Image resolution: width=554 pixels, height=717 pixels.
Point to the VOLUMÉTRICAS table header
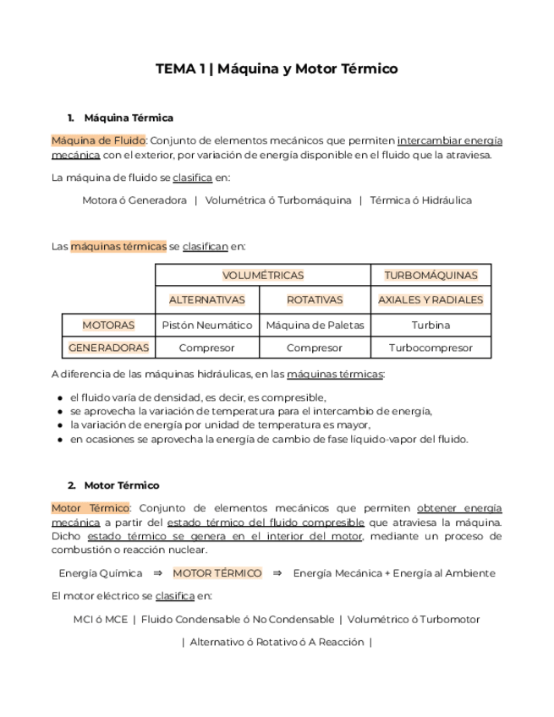coord(263,276)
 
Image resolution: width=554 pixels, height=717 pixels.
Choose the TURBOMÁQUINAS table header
coord(431,276)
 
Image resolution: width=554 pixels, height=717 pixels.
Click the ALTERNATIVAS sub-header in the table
coord(207,300)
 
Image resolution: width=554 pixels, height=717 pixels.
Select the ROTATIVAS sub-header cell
coord(315,300)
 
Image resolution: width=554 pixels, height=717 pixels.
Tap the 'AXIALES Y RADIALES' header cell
coord(431,300)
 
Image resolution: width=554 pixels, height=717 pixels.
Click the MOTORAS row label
coord(108,325)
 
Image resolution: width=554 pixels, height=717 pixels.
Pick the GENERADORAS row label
coord(108,348)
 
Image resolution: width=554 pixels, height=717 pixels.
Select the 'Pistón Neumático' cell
coord(207,325)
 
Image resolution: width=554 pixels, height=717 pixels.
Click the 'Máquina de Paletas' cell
coord(315,325)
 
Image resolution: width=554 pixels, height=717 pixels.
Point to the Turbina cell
coord(431,325)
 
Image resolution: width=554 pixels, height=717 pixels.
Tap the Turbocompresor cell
coord(431,348)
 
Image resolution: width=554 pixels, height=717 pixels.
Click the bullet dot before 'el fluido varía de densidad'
coord(58,397)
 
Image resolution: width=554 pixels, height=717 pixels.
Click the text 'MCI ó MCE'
coord(101,619)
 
